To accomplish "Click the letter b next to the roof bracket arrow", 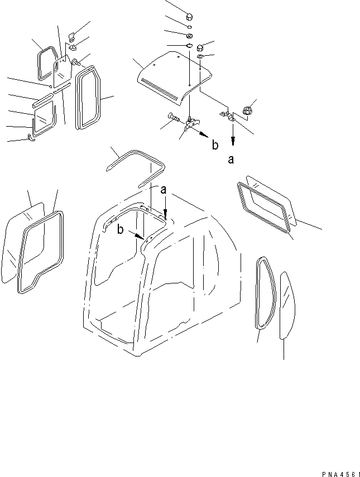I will tap(215, 146).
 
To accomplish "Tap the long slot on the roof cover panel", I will tap(161, 85).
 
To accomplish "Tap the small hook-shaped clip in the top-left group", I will tap(31, 137).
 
